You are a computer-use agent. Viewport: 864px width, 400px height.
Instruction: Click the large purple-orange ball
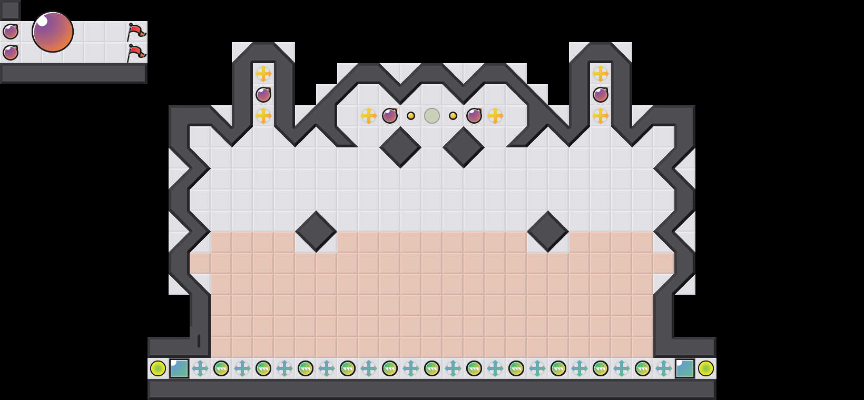[53, 32]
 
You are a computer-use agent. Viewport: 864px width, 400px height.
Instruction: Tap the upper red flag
[136, 32]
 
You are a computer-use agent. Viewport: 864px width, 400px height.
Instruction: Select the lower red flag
[136, 53]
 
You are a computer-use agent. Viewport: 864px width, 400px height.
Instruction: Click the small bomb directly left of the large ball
[11, 32]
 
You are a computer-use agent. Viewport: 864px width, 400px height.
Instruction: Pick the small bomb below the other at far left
[11, 53]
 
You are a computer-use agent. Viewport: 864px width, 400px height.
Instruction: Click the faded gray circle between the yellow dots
[432, 116]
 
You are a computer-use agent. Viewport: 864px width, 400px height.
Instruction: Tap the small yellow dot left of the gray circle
[411, 116]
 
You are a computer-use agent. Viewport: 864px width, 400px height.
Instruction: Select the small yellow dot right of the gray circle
[453, 116]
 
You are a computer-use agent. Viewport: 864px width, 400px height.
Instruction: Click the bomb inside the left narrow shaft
[263, 95]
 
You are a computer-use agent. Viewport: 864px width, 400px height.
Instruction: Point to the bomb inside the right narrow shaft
[601, 95]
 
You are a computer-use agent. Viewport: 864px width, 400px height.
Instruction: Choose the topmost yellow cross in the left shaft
[263, 74]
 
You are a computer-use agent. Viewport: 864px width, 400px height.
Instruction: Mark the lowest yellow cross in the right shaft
[601, 116]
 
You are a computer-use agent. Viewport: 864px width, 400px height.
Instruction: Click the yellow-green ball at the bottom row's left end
[158, 368]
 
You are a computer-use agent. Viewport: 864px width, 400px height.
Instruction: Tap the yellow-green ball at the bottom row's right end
[706, 368]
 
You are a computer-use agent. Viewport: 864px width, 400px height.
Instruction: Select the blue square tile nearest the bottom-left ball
[179, 368]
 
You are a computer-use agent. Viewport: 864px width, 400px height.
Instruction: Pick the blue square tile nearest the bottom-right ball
[685, 368]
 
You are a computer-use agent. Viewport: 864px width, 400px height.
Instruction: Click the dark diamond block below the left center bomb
[400, 147]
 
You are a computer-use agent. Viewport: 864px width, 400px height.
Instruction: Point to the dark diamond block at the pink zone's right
[548, 232]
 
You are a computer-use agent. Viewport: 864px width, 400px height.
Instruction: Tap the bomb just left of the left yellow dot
[390, 116]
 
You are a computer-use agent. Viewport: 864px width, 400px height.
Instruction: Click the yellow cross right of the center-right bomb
[495, 116]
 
